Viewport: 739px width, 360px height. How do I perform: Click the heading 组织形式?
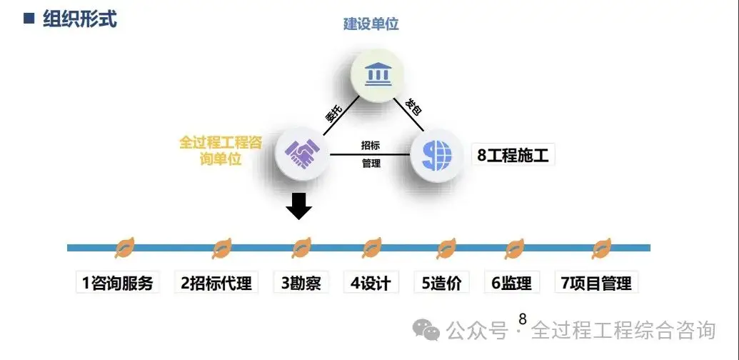coord(79,19)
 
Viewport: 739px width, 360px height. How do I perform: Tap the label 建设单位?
coord(371,24)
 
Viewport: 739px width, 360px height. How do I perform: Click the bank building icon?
coord(377,75)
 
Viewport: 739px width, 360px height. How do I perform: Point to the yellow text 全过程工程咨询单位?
coord(221,150)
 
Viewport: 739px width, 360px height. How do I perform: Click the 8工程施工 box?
coord(513,154)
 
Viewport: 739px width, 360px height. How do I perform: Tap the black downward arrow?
coord(299,206)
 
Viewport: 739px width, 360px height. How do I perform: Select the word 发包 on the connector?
coord(413,109)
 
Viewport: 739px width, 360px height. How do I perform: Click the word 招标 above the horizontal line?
coord(371,145)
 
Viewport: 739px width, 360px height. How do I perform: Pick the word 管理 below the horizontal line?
coord(371,164)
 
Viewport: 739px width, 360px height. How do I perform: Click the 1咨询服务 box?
coord(118,283)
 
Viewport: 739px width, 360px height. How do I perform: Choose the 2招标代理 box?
coord(216,283)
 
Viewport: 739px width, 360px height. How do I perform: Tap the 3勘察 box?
coord(301,283)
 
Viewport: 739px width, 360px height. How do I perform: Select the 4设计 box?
coord(371,283)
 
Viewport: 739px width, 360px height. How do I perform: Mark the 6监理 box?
coord(511,283)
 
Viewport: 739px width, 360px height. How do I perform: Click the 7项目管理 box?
coord(596,283)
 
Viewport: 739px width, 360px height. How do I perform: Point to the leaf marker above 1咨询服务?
coord(125,248)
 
